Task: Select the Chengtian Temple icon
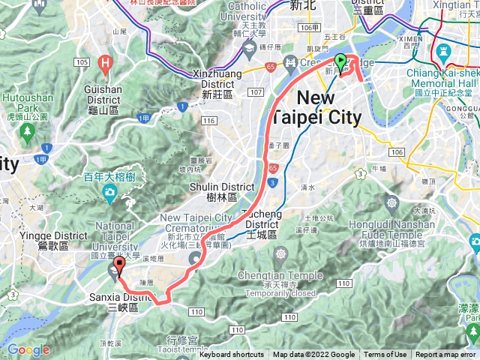coord(280,256)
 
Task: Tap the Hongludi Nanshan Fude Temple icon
coord(391,202)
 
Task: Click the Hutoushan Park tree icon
coord(28,132)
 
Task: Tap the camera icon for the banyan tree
coord(110,193)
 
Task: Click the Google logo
coord(28,349)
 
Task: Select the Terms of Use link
coord(385,355)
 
